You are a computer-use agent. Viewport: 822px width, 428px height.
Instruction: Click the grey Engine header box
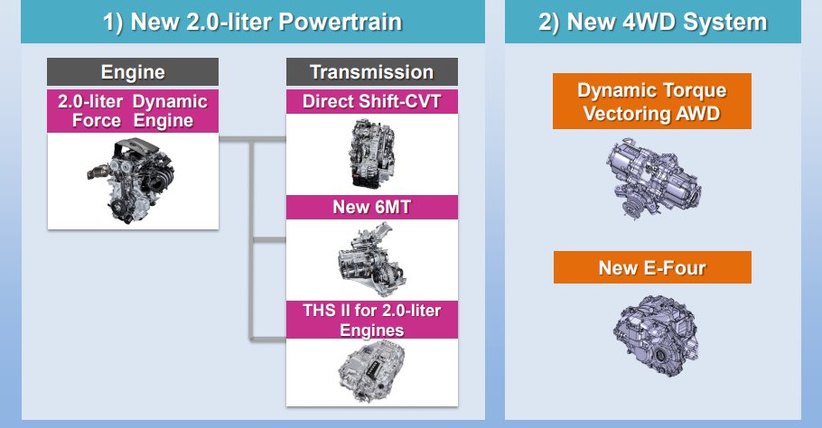[x=133, y=71]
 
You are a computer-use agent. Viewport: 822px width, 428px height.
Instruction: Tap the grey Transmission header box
[x=371, y=71]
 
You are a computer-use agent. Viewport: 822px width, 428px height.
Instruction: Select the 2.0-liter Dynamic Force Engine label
[x=133, y=111]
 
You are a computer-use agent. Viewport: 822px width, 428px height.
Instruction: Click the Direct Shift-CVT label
[x=371, y=102]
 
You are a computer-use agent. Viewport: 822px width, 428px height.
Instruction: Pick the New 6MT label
[x=371, y=207]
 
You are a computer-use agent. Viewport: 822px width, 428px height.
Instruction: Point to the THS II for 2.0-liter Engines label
[x=371, y=320]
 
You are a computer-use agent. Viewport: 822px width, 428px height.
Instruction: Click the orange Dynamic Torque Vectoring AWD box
[x=652, y=101]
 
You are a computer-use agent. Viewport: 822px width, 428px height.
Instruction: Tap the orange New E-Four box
[x=652, y=267]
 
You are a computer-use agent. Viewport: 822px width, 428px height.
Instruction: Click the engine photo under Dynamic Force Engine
[x=131, y=180]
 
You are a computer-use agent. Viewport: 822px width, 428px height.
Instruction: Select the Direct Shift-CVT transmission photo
[x=371, y=154]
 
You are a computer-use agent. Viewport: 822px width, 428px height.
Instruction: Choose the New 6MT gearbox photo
[x=371, y=259]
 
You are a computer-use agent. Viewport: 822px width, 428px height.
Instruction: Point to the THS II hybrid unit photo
[x=371, y=371]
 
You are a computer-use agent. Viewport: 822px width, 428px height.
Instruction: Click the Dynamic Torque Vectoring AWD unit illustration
[x=653, y=178]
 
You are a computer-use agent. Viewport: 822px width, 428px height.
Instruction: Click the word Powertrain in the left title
[x=341, y=23]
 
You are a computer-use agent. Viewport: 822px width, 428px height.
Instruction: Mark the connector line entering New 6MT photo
[x=268, y=240]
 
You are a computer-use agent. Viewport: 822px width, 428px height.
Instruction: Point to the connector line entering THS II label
[x=268, y=339]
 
